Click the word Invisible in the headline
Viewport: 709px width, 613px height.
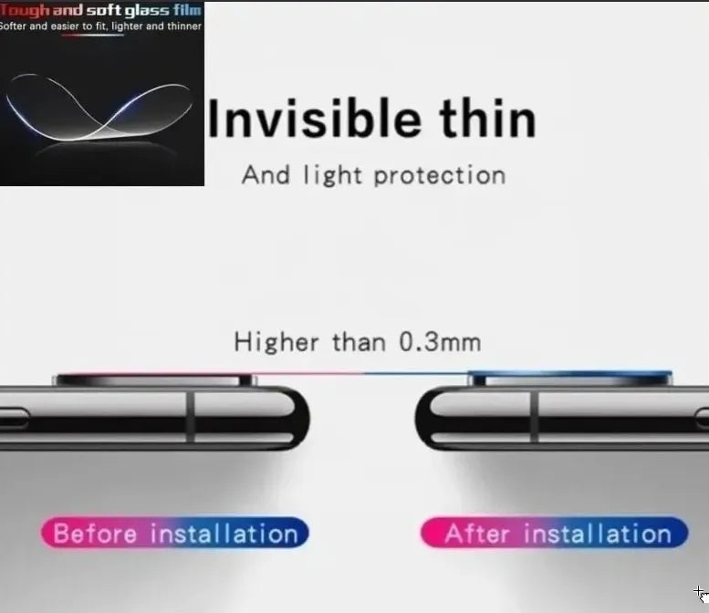pos(314,119)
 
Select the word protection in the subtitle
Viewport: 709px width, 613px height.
pos(440,176)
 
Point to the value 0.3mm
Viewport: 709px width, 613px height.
pos(441,342)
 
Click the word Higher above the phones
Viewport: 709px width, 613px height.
pos(276,342)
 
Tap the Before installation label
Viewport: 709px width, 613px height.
pos(175,533)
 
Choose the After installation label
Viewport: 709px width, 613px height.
pos(555,533)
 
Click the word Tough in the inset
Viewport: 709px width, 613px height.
pos(24,10)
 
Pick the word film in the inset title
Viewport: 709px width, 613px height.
pos(187,10)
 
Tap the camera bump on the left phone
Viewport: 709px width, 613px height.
pos(153,379)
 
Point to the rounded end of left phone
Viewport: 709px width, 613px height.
pos(297,418)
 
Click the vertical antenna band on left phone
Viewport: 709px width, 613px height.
pos(191,417)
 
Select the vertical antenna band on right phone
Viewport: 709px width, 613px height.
pos(534,417)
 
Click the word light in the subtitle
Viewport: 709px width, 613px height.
pos(333,176)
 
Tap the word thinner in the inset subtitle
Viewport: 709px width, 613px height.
pos(184,26)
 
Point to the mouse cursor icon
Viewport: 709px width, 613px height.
pos(702,594)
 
